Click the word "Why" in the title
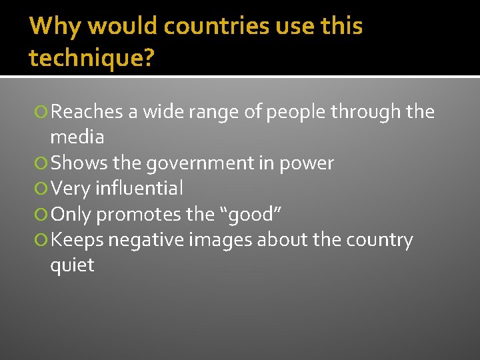[x=55, y=27]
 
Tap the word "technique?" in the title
[x=91, y=59]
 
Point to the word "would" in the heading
[x=123, y=27]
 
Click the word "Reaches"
[x=87, y=112]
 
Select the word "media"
[x=77, y=137]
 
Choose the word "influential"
[x=139, y=189]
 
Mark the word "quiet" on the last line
[x=72, y=265]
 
